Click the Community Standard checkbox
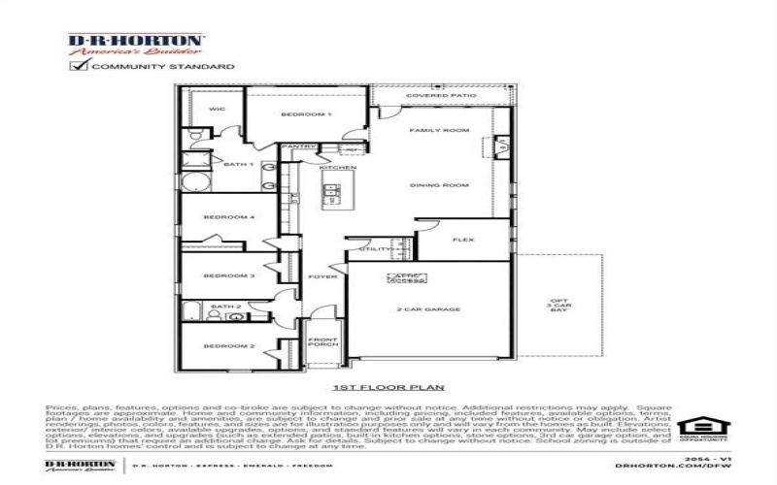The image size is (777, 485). pyautogui.click(x=77, y=66)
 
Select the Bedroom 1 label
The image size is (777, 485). pyautogui.click(x=306, y=114)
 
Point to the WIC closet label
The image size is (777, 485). pyautogui.click(x=218, y=109)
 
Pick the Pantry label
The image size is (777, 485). pyautogui.click(x=292, y=147)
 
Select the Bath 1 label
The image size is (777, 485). pyautogui.click(x=239, y=164)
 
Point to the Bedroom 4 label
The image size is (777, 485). pyautogui.click(x=229, y=217)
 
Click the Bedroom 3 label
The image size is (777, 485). pyautogui.click(x=229, y=275)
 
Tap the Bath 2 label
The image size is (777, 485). pyautogui.click(x=226, y=307)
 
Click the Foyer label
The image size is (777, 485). pyautogui.click(x=322, y=276)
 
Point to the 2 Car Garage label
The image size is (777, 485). pyautogui.click(x=427, y=309)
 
